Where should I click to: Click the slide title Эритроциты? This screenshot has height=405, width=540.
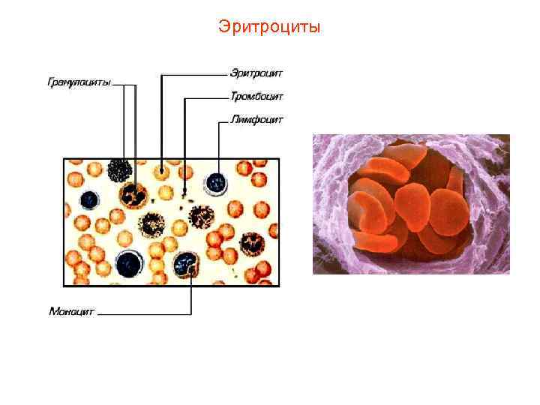(x=269, y=28)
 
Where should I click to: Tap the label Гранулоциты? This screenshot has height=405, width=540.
(x=79, y=83)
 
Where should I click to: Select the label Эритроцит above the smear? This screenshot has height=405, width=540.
(x=256, y=73)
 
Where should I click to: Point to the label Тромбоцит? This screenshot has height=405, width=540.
(x=256, y=96)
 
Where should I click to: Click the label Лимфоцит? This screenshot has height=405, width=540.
(x=256, y=119)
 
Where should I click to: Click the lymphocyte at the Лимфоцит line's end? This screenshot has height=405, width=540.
(x=217, y=181)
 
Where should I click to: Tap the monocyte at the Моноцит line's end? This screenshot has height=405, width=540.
(x=184, y=262)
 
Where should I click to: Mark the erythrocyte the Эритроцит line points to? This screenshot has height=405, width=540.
(x=162, y=172)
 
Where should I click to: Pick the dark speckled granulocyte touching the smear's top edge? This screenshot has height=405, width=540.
(x=120, y=170)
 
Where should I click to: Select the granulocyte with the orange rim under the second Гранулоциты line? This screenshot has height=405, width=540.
(x=135, y=195)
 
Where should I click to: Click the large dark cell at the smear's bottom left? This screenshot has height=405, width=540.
(x=130, y=263)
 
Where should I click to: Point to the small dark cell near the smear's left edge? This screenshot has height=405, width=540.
(x=90, y=199)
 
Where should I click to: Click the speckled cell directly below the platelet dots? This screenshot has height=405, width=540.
(x=200, y=217)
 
